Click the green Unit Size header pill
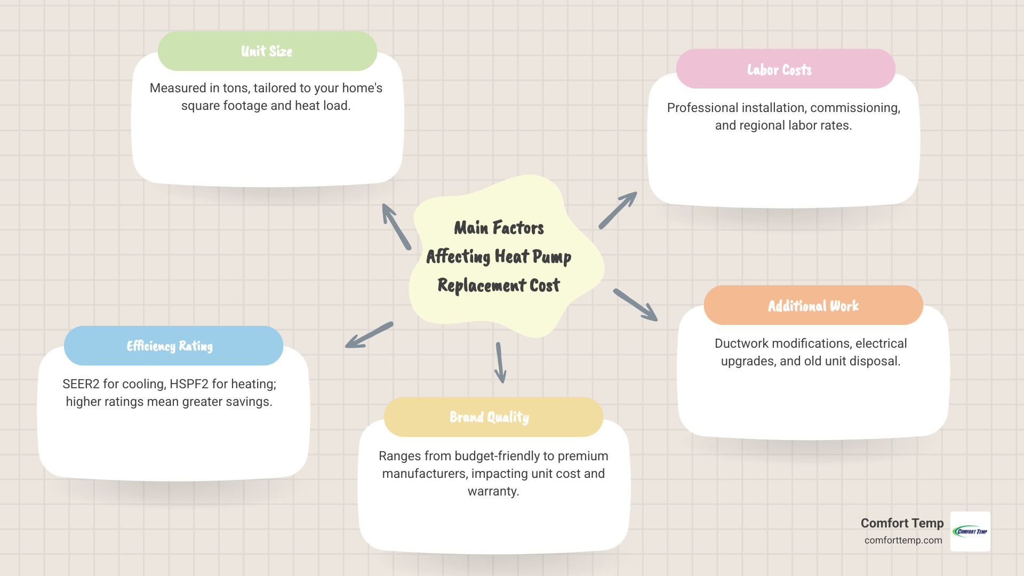[x=267, y=51]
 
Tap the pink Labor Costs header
[x=785, y=69]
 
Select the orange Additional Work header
[x=813, y=306]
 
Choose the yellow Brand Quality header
[x=493, y=417]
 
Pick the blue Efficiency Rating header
[x=173, y=346]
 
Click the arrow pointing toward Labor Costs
[x=618, y=211]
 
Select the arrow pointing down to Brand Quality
[x=500, y=363]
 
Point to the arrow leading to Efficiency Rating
[x=369, y=335]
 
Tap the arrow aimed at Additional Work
[x=635, y=305]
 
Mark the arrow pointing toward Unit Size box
[x=396, y=227]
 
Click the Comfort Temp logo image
[x=970, y=531]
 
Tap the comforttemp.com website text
[x=903, y=540]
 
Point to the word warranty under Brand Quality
[x=493, y=491]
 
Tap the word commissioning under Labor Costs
[x=854, y=108]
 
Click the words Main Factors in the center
[x=499, y=228]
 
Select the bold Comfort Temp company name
[x=902, y=523]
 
